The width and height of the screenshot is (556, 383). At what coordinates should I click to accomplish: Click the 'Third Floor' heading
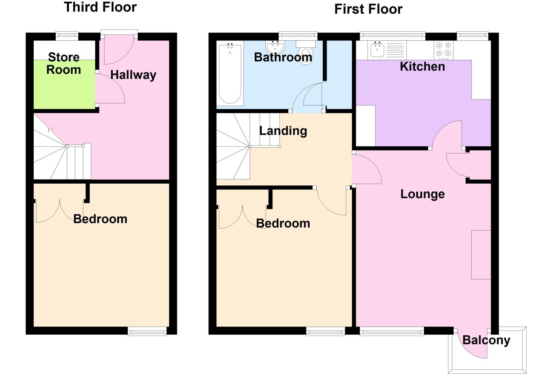click(100, 7)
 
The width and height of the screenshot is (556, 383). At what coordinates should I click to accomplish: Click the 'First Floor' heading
click(368, 9)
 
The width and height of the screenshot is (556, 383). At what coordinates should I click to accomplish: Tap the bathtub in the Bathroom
click(230, 74)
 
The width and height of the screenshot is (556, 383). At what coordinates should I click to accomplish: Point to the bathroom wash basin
click(276, 48)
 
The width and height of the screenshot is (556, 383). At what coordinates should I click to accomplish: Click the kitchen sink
click(377, 50)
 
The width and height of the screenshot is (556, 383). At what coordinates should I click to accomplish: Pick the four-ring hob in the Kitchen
click(443, 50)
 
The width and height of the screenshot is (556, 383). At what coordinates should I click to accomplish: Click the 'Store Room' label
click(64, 63)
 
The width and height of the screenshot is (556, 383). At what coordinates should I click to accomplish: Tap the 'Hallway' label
click(133, 75)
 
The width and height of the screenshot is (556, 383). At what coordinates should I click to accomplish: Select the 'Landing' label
click(283, 131)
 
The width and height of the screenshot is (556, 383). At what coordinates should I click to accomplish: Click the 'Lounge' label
click(422, 194)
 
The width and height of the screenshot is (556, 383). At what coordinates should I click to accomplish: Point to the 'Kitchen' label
click(422, 67)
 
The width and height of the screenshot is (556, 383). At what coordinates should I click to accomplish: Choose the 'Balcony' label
click(486, 340)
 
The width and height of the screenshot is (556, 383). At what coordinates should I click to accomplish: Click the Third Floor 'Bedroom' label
click(100, 219)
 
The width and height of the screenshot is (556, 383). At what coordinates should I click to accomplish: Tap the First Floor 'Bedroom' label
click(283, 223)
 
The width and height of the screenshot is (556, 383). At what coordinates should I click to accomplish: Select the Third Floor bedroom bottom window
click(147, 331)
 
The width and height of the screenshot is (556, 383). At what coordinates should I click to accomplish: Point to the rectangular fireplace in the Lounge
click(481, 255)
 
